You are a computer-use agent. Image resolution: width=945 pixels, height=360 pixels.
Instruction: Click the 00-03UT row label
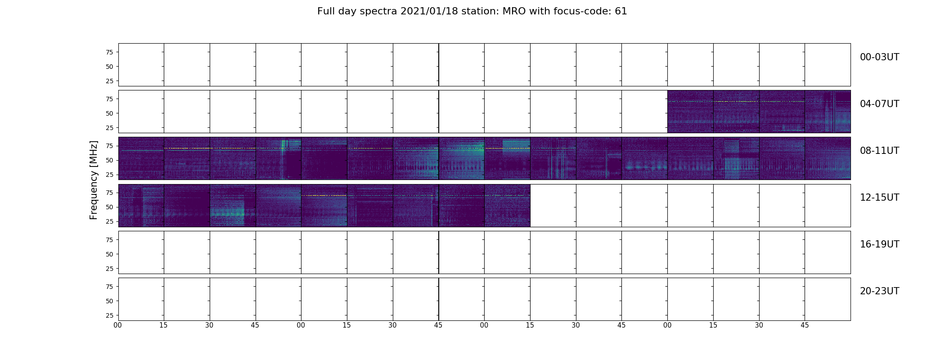click(879, 57)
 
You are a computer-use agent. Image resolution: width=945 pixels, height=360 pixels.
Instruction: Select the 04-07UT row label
click(879, 104)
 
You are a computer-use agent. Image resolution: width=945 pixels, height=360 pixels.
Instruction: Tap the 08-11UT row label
click(879, 151)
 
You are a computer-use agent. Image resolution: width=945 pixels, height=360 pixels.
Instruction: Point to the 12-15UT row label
click(879, 198)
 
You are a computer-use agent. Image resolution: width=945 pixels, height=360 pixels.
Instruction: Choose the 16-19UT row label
click(879, 244)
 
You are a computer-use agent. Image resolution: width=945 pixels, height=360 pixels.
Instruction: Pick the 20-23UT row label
click(879, 291)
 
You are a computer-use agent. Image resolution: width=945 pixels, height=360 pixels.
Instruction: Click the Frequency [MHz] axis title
click(94, 180)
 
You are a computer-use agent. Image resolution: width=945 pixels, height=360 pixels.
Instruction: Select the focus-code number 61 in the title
click(621, 11)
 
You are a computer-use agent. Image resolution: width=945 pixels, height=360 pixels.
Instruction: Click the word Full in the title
click(326, 11)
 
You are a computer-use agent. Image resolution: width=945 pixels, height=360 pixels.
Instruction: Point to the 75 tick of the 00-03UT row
click(109, 52)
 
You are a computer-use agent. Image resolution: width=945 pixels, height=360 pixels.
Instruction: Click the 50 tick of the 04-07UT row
click(109, 113)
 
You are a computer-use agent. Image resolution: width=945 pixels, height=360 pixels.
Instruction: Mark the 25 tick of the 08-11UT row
click(109, 175)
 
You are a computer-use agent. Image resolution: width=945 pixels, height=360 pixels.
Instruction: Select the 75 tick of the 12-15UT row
click(109, 193)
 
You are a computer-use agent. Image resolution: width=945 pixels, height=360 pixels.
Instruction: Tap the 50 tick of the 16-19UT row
click(109, 254)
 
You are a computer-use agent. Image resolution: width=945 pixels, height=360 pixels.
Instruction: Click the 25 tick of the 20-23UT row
click(109, 315)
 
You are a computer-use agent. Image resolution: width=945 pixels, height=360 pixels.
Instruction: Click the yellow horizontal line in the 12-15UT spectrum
click(324, 196)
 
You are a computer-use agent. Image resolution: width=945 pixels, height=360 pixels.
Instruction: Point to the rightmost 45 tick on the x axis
click(805, 325)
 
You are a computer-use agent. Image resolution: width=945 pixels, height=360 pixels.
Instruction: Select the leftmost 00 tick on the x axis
click(118, 325)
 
